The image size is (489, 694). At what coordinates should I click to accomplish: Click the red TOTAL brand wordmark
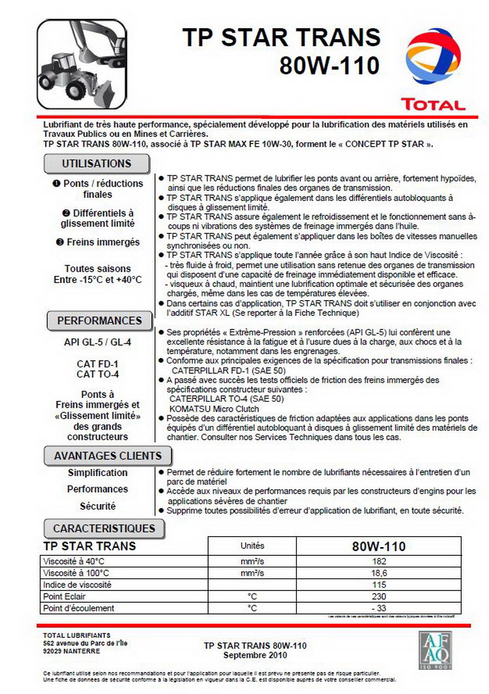coord(434,104)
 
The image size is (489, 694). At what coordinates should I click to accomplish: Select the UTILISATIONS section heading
coord(96,163)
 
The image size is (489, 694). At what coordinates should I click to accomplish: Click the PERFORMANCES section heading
coord(99,321)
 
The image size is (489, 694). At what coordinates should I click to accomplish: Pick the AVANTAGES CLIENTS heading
coord(108,456)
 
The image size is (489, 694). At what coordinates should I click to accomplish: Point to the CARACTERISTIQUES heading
coord(104,528)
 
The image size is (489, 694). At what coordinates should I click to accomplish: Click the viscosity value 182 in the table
coord(379,561)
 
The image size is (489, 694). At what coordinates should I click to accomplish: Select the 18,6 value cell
coord(379,573)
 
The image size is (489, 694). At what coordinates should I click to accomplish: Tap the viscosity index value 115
coord(379,584)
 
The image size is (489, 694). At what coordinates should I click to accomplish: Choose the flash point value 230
coord(379,596)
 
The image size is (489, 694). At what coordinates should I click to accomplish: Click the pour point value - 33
coord(379,608)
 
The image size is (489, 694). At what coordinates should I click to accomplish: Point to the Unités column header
coord(252,546)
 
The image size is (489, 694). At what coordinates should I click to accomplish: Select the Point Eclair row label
coord(65,596)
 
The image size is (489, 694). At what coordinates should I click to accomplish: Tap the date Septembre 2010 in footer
coord(254,655)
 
